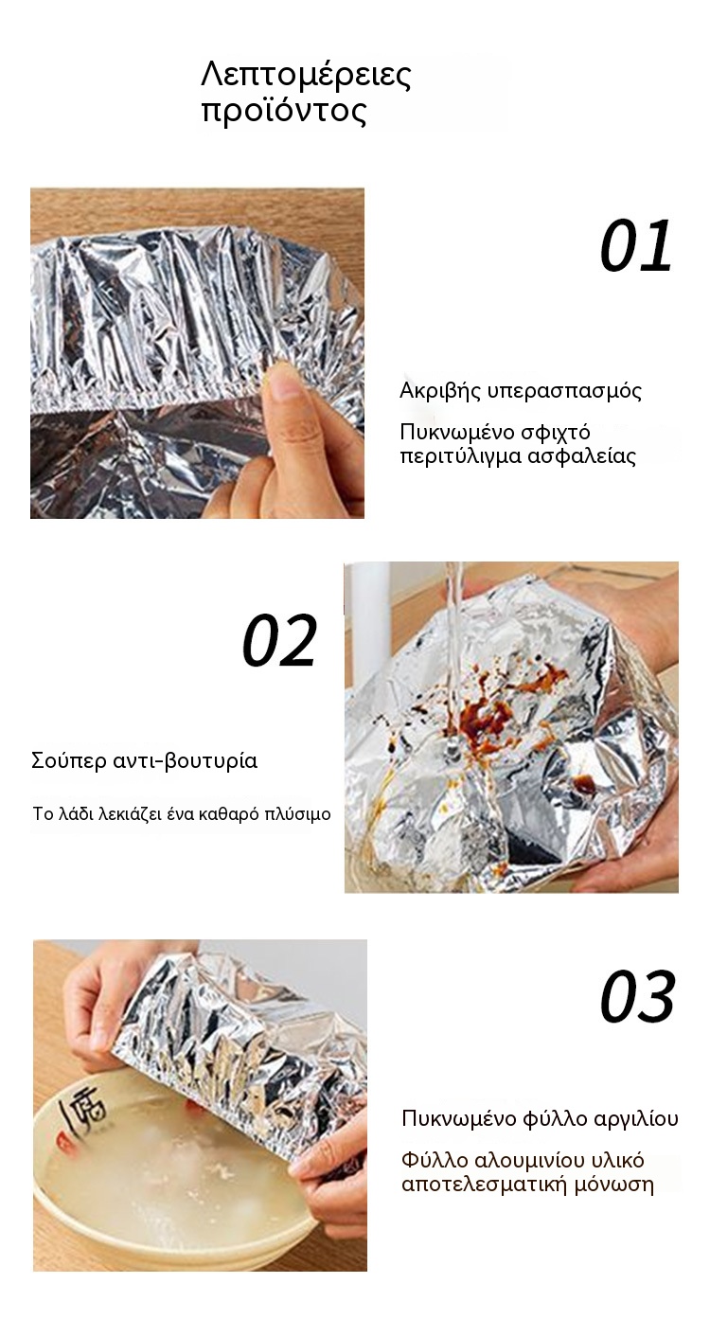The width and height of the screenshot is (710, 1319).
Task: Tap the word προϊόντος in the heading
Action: point(284,112)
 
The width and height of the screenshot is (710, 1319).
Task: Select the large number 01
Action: point(636,245)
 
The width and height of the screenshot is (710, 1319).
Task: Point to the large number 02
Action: point(279,640)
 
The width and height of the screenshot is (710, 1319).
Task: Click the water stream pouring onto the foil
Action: point(453,636)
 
